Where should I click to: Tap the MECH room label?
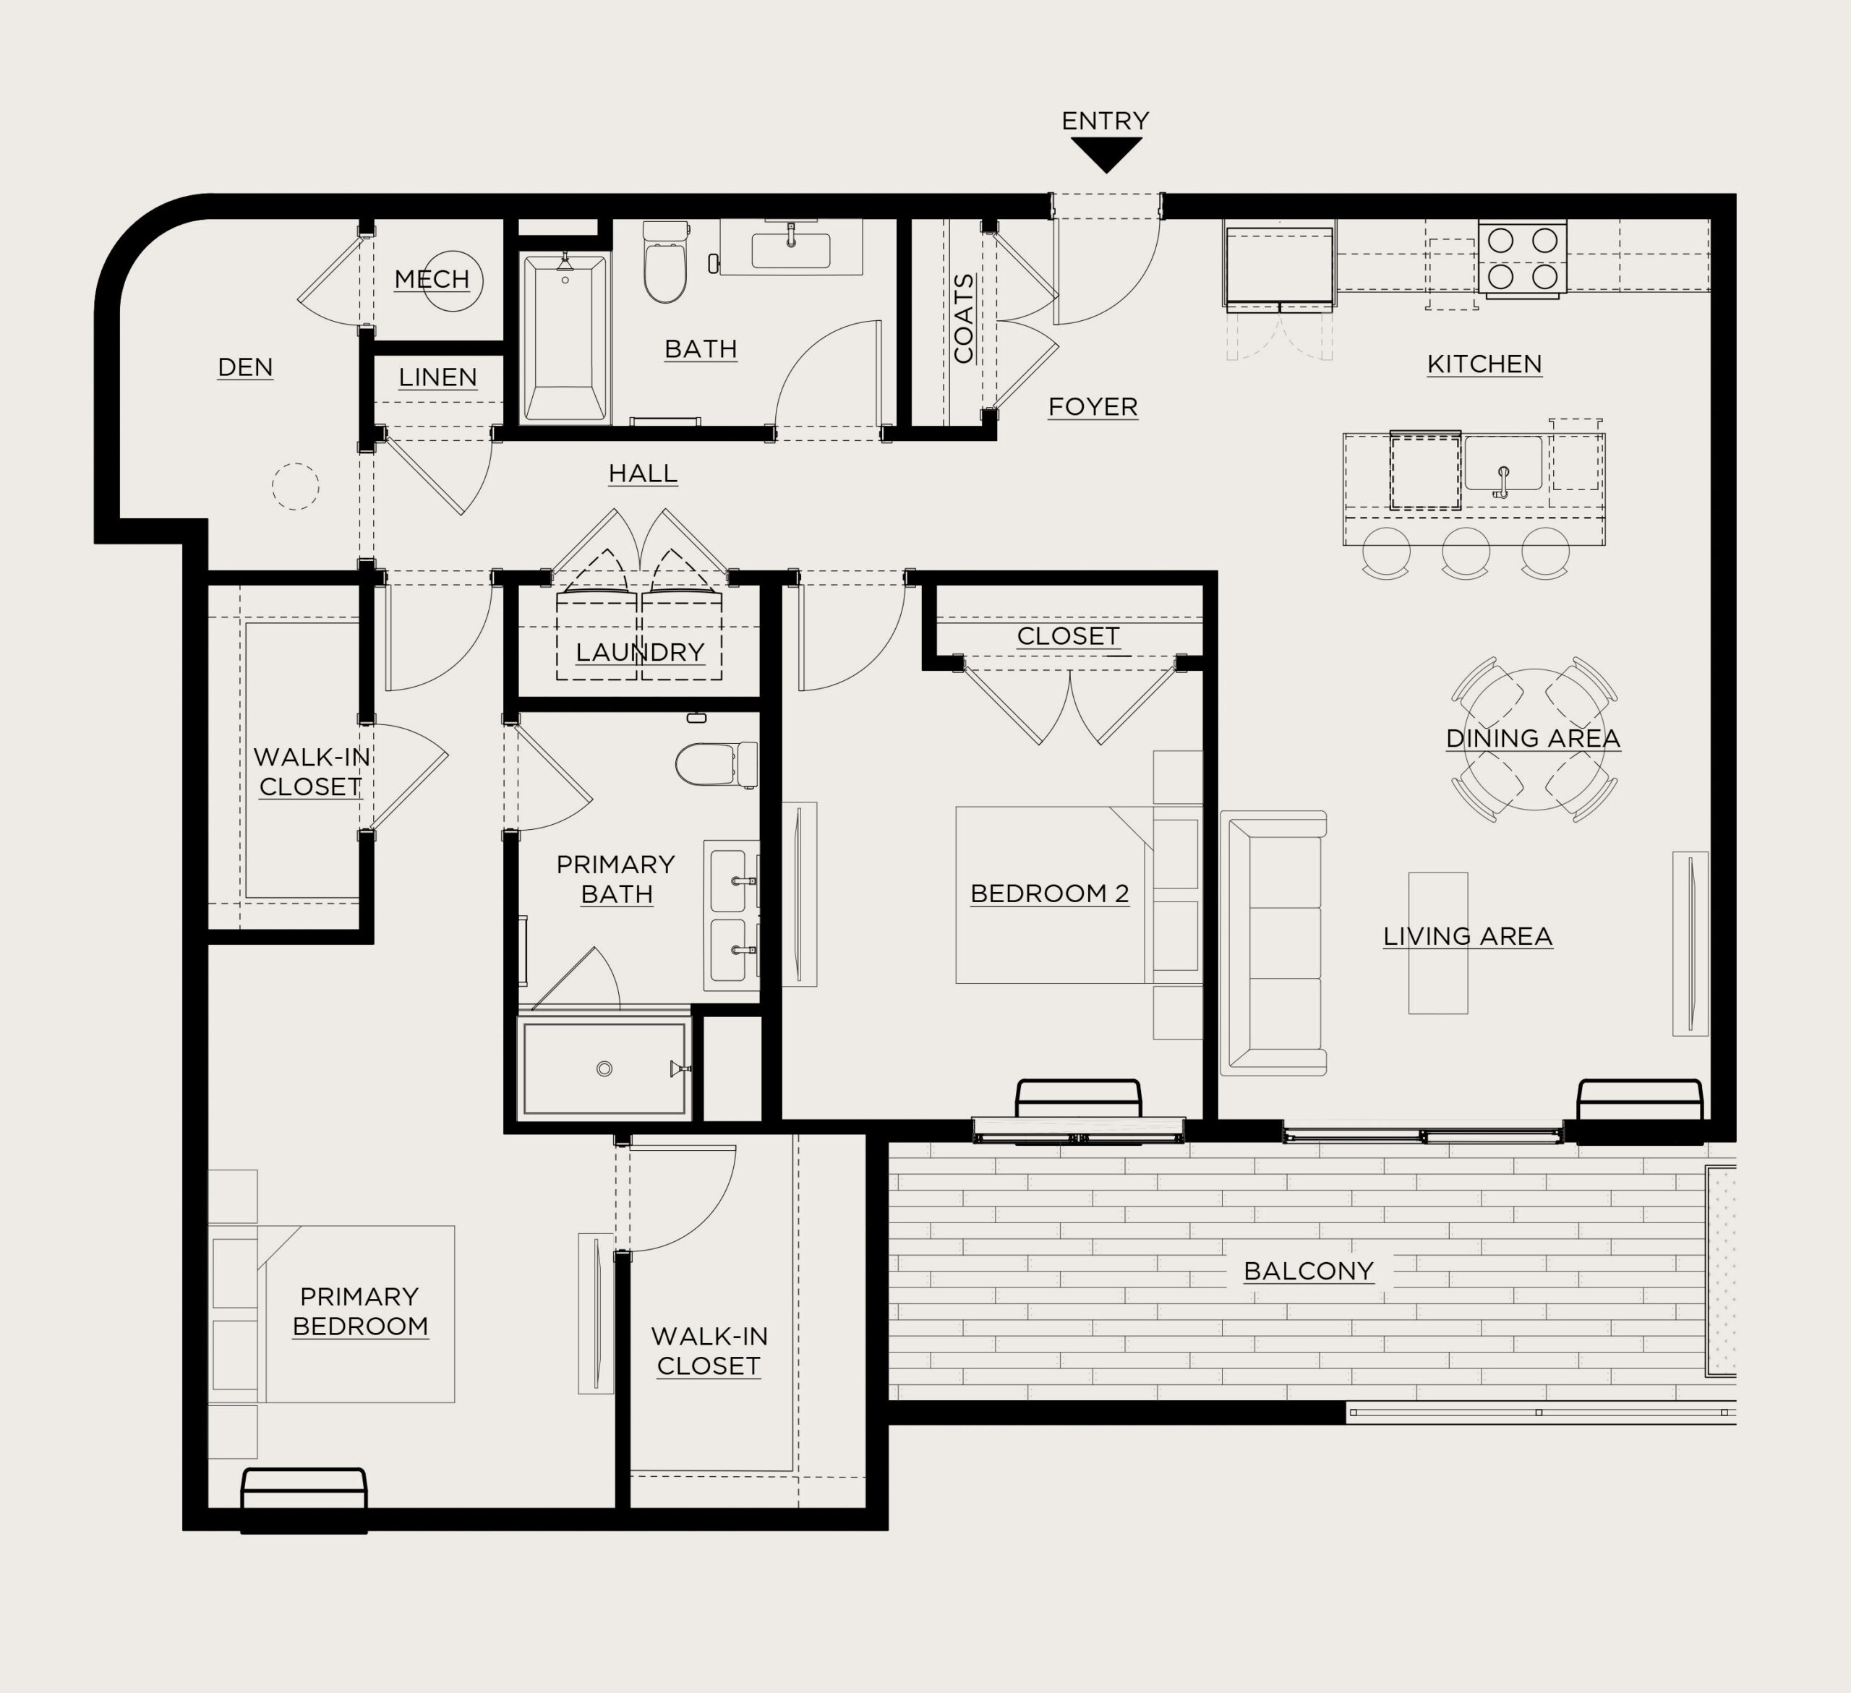pyautogui.click(x=432, y=279)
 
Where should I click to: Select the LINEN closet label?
pyautogui.click(x=438, y=377)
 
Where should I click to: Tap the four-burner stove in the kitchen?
pyautogui.click(x=1522, y=258)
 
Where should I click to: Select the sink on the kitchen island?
pyautogui.click(x=1503, y=465)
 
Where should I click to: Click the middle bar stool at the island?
pyautogui.click(x=1466, y=553)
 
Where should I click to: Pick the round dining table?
pyautogui.click(x=1534, y=739)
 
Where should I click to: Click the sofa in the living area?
pyautogui.click(x=1273, y=943)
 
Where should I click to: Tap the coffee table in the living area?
pyautogui.click(x=1438, y=943)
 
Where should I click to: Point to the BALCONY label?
pyautogui.click(x=1309, y=1272)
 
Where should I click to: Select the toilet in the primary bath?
pyautogui.click(x=716, y=765)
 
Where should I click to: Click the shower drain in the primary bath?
pyautogui.click(x=604, y=1068)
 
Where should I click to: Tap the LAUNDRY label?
pyautogui.click(x=640, y=653)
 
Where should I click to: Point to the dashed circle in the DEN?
pyautogui.click(x=295, y=486)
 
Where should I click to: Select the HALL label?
pyautogui.click(x=643, y=473)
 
